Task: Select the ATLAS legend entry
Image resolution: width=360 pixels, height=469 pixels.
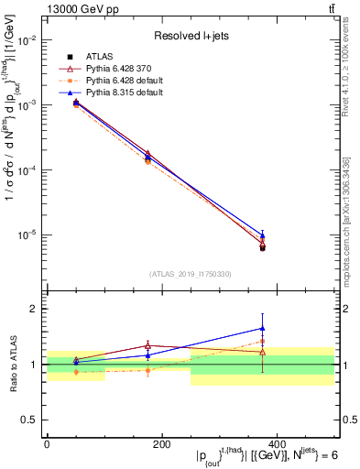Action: click(100, 57)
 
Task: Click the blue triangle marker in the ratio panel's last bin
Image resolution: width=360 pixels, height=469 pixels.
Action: click(263, 328)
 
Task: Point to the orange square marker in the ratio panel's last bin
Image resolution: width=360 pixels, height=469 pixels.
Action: click(263, 342)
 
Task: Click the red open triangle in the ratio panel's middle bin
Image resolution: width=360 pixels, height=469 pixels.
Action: click(148, 345)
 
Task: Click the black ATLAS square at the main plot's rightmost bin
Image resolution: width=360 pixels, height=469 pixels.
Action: click(263, 247)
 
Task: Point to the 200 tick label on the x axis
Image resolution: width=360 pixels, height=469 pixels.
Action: click(161, 444)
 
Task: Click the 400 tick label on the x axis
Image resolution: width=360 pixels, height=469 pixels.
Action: click(276, 444)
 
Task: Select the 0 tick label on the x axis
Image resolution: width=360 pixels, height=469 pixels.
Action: click(47, 444)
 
